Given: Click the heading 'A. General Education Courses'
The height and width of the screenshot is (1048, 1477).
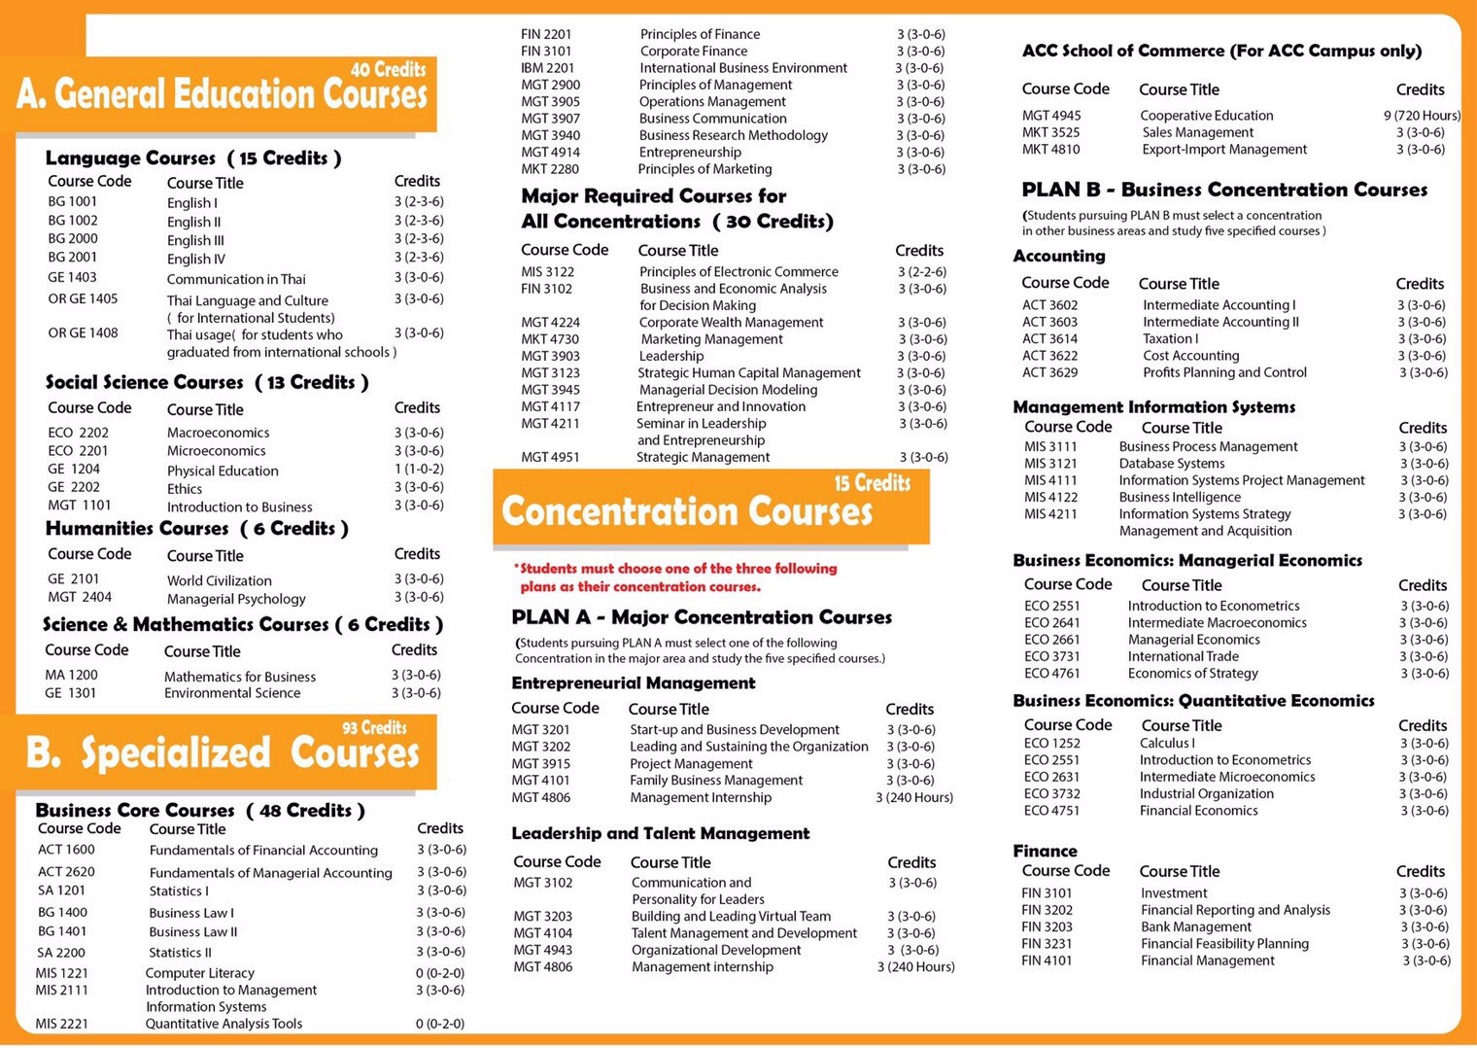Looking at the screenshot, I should pyautogui.click(x=222, y=94).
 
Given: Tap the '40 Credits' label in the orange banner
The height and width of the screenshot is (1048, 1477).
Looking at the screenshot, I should pyautogui.click(x=388, y=69).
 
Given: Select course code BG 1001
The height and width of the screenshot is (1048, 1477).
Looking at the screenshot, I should pyautogui.click(x=73, y=201).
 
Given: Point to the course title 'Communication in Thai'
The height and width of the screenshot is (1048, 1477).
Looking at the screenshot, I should pyautogui.click(x=236, y=279).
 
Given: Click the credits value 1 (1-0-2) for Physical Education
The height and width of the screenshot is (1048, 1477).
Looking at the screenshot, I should pyautogui.click(x=419, y=469).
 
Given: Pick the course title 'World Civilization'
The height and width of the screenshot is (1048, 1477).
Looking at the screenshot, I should pyautogui.click(x=220, y=580).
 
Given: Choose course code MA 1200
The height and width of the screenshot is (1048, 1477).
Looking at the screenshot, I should pyautogui.click(x=71, y=675).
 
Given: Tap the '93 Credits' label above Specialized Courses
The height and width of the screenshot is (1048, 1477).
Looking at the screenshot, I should pyautogui.click(x=374, y=727).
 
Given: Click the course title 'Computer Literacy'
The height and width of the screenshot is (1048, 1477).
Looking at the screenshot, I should pyautogui.click(x=200, y=973).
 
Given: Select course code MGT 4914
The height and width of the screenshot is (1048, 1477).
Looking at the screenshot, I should pyautogui.click(x=550, y=152).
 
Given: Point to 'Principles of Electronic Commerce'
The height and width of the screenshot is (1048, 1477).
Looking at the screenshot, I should pyautogui.click(x=738, y=272).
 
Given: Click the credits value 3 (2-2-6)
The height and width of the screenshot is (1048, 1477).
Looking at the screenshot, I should pyautogui.click(x=921, y=272).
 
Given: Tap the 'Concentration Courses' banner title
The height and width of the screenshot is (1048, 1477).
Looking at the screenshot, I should pyautogui.click(x=687, y=511).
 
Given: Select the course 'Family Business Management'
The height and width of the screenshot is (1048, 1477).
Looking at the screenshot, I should pyautogui.click(x=716, y=781).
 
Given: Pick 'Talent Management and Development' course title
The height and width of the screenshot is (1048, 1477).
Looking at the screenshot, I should pyautogui.click(x=744, y=933).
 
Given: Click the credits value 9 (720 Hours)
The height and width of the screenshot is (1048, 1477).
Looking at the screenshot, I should pyautogui.click(x=1422, y=116).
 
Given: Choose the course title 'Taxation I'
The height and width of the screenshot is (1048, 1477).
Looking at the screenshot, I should pyautogui.click(x=1170, y=339).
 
